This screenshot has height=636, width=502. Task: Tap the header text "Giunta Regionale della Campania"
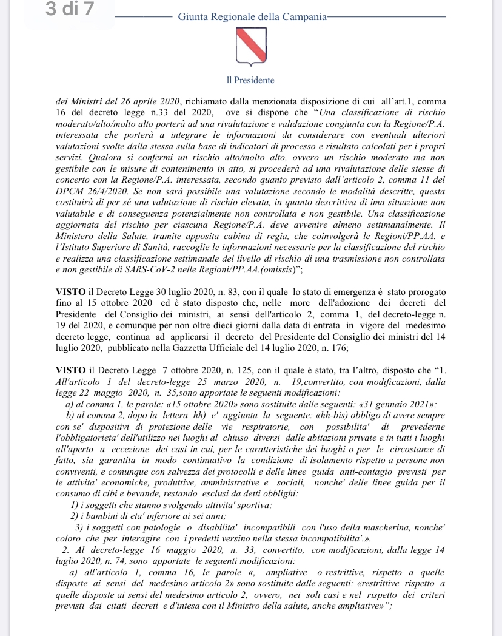click(x=252, y=18)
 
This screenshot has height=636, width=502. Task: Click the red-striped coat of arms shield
click(x=250, y=49)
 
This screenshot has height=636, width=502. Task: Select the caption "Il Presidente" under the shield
click(x=250, y=80)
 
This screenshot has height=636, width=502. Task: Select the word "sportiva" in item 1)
click(x=254, y=506)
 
